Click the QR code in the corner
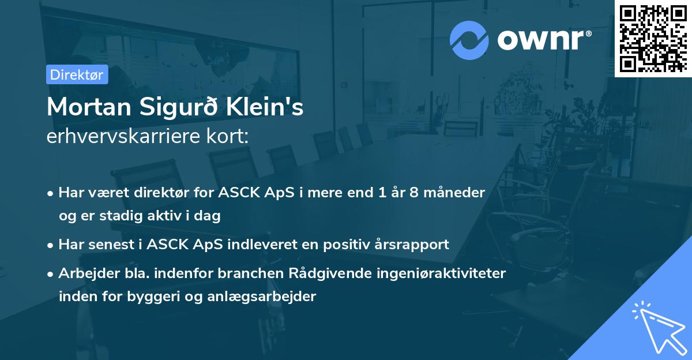[x=653, y=38]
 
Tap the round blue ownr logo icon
[x=469, y=40]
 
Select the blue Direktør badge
[x=77, y=74]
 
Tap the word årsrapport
[x=413, y=245]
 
